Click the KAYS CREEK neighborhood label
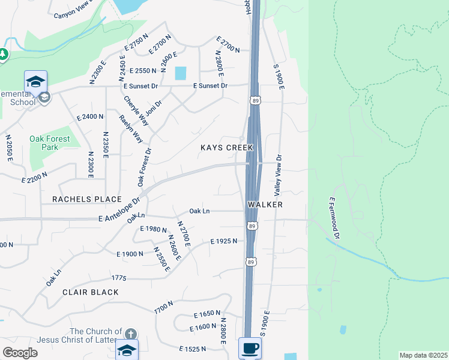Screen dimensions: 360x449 click(x=227, y=148)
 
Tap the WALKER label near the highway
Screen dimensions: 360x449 click(x=265, y=205)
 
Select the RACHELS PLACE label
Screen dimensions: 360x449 click(x=86, y=199)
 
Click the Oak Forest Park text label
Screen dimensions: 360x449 click(x=50, y=143)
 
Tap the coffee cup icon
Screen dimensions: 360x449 click(x=249, y=347)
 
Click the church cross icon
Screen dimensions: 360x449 click(x=131, y=333)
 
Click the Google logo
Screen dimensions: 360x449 click(x=20, y=353)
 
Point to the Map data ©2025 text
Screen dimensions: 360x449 click(x=423, y=355)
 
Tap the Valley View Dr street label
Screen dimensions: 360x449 click(x=278, y=175)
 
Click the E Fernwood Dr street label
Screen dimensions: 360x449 click(x=334, y=218)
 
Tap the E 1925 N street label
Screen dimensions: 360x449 click(x=223, y=241)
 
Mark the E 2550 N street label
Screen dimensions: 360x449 click(x=139, y=71)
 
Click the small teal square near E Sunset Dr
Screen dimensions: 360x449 click(x=180, y=73)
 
